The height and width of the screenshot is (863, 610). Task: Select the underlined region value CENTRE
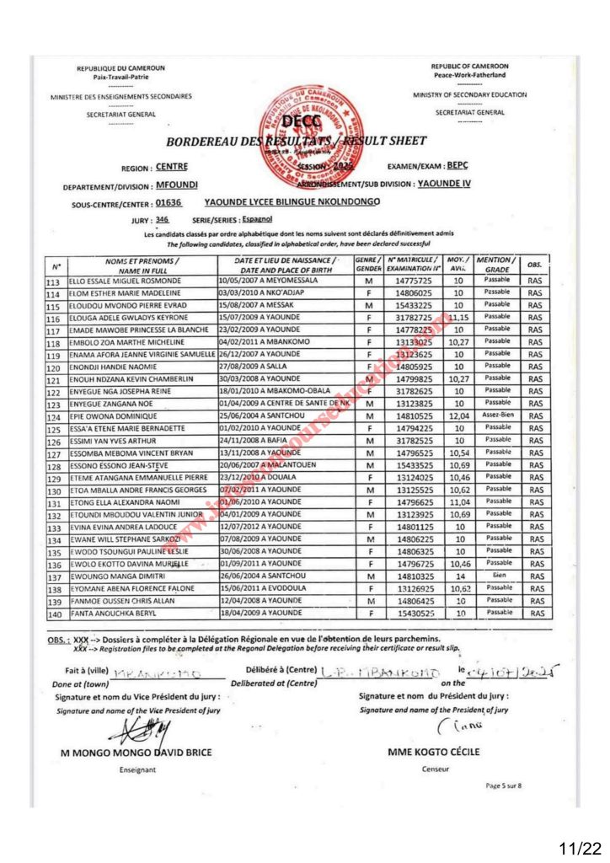(172, 167)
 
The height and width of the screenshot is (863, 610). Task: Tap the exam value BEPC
(457, 166)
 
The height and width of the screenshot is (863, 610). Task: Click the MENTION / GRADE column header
(497, 264)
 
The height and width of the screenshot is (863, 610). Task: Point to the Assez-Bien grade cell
(497, 416)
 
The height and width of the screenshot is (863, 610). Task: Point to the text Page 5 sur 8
(504, 785)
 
